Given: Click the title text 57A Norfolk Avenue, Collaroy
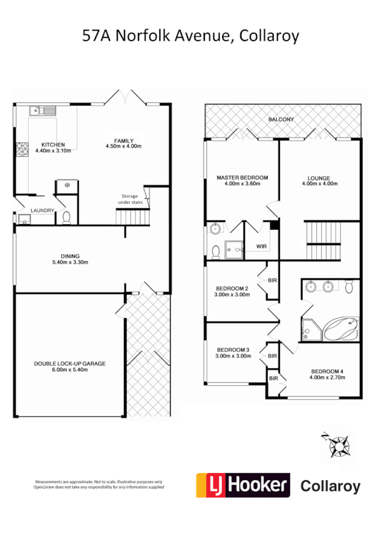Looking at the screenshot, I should tap(190, 36).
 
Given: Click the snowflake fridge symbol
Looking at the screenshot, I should tap(67, 185).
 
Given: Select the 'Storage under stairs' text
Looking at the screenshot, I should tap(132, 199).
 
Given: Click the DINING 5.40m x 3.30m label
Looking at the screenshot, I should tap(69, 258).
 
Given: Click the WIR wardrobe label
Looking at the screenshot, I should tap(261, 246).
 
